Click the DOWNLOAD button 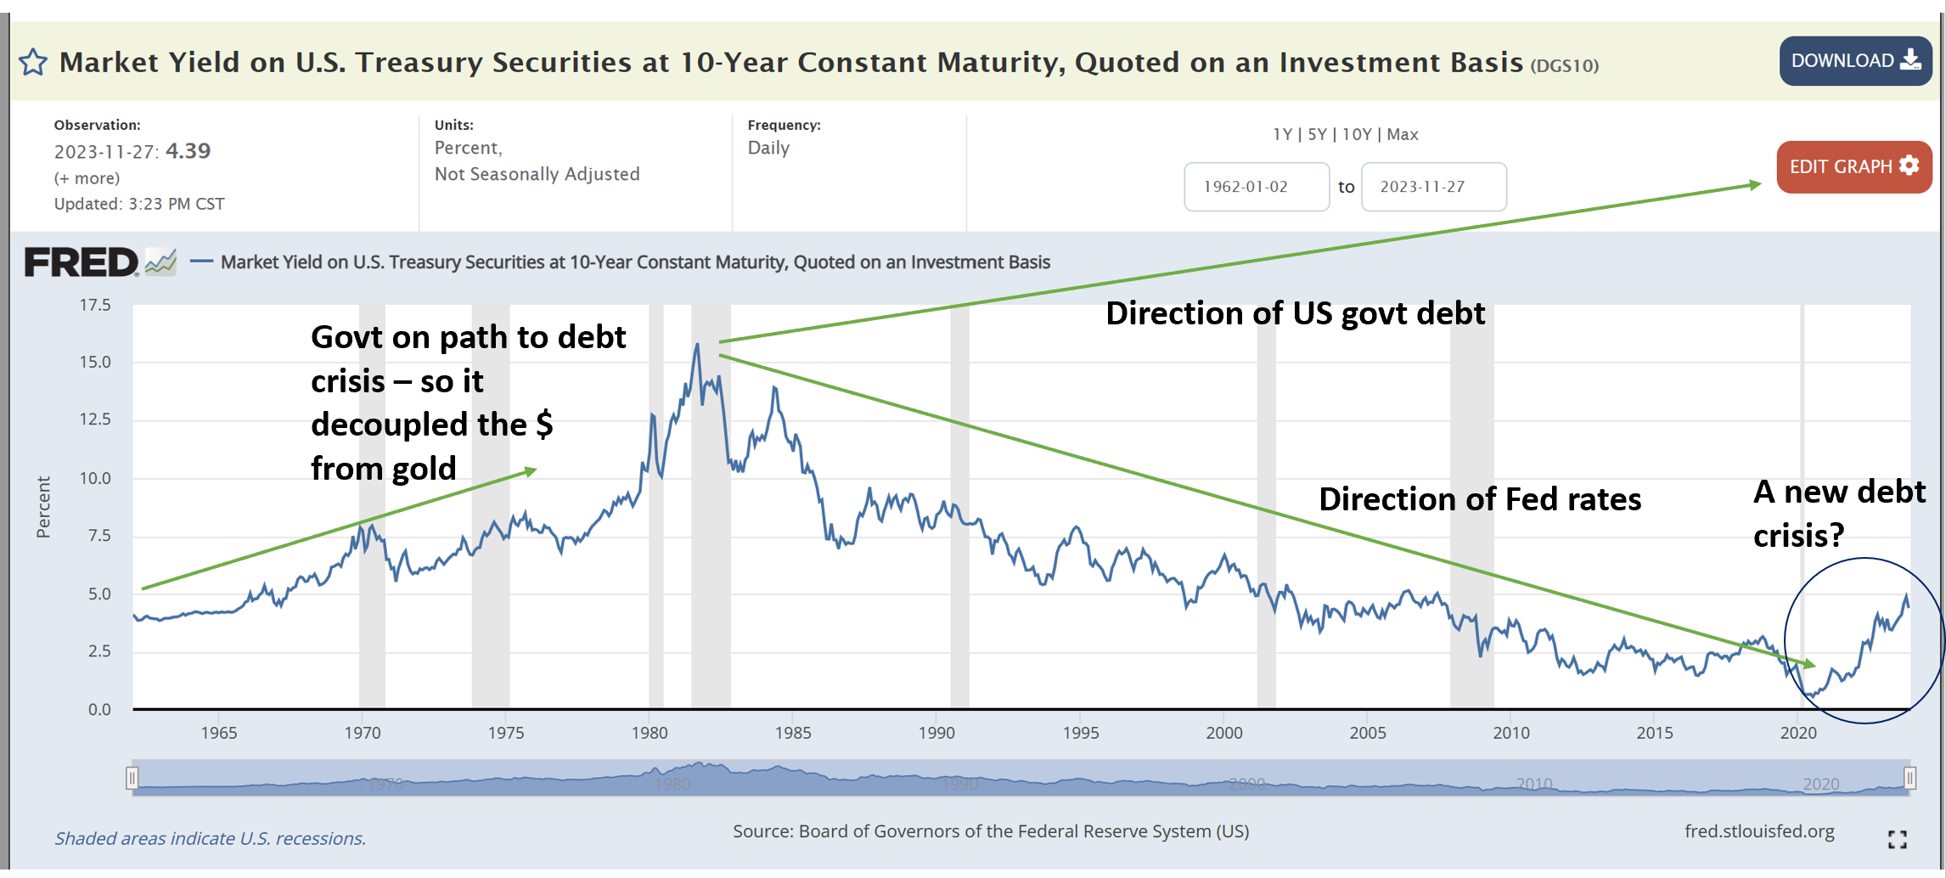point(1854,61)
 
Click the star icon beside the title point(33,63)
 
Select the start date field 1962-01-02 point(1256,187)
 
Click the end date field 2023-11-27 point(1433,187)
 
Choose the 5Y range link point(1317,134)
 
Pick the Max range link point(1403,134)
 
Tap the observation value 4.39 point(188,151)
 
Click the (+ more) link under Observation point(87,178)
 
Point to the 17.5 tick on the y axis point(95,305)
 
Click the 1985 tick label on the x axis point(793,733)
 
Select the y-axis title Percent point(43,507)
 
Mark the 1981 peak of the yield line point(697,345)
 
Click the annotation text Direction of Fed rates point(1479,499)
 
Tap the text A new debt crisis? point(1838,513)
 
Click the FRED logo point(82,262)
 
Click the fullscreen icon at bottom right point(1898,839)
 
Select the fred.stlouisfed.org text point(1758,831)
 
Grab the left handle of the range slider point(132,777)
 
